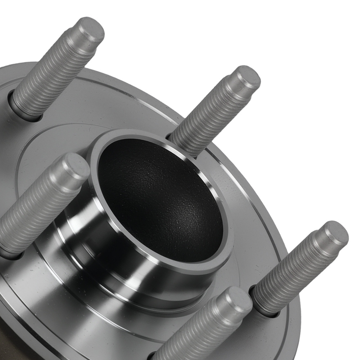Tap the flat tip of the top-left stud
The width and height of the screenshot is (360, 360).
(91, 30)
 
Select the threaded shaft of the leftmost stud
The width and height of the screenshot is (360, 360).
(29, 216)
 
